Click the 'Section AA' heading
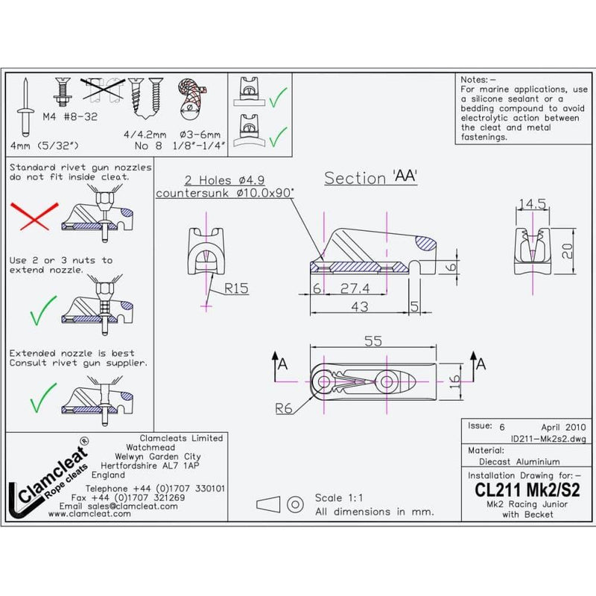point(370,178)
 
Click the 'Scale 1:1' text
point(340,497)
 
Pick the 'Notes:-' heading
point(479,78)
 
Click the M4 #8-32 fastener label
point(74,117)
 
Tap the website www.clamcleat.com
point(98,514)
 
